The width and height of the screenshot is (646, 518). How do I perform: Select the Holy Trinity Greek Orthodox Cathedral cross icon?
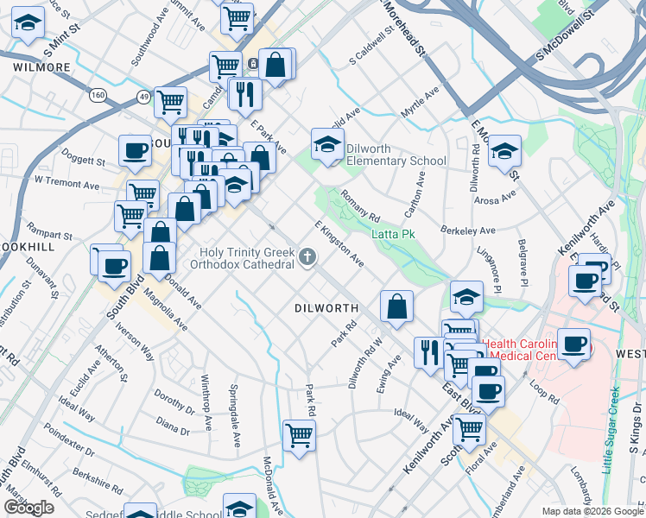307,256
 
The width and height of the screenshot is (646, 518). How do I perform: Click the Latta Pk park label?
394,234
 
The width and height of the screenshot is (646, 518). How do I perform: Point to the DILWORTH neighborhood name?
326,307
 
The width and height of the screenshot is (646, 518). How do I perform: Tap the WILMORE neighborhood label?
41,66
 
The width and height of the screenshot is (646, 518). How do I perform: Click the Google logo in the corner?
28,508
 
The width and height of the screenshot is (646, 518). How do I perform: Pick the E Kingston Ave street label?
339,243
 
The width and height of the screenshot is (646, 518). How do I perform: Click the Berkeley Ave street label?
467,231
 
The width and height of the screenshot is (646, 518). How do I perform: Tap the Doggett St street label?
84,161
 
